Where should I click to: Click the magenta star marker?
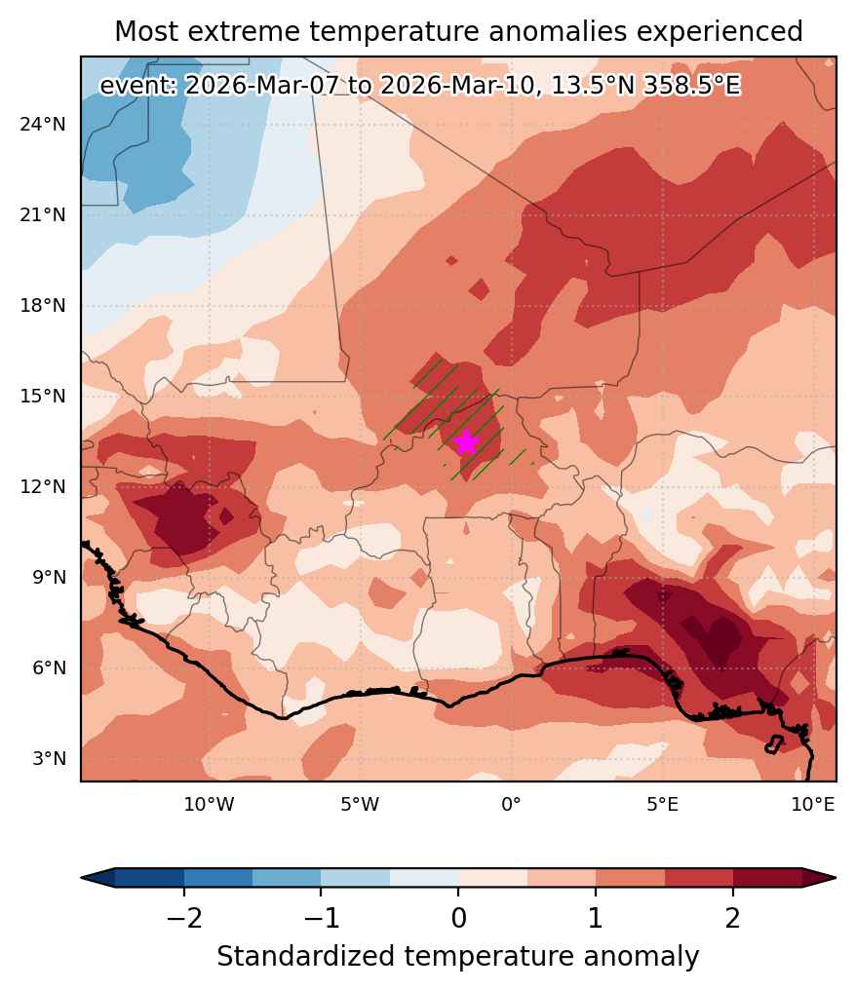coord(467,441)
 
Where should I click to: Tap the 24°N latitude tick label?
coord(42,125)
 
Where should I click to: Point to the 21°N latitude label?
coord(42,215)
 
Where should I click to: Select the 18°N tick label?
coord(42,306)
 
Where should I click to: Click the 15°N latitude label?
coord(42,397)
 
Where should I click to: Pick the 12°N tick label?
coord(42,487)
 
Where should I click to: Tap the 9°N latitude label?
coord(50,578)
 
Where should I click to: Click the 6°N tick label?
coord(50,668)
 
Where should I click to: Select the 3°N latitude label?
coord(50,758)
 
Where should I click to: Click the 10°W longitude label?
coord(210,805)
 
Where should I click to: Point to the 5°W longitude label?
coord(361,805)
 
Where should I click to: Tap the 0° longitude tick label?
coord(511,805)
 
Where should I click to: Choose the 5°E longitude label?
coord(662,805)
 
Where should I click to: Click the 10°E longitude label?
coord(813,805)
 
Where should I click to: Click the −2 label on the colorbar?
coord(184,918)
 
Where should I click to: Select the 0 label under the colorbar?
coord(459,918)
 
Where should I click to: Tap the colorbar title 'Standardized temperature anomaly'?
coord(458,957)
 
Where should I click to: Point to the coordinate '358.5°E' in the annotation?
coord(691,86)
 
